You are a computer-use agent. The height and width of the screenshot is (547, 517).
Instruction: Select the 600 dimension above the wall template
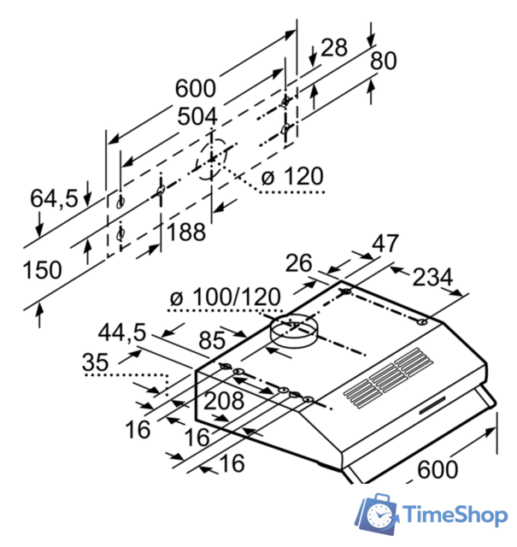196,88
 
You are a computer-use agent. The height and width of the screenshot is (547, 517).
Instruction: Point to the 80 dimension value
384,62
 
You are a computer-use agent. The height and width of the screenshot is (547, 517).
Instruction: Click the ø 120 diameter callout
292,177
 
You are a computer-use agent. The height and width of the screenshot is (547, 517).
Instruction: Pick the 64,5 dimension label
54,198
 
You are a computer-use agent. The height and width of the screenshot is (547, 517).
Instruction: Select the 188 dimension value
185,232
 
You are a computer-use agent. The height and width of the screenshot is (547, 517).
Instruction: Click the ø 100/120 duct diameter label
225,297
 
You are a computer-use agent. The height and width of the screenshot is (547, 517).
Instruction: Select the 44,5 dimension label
121,332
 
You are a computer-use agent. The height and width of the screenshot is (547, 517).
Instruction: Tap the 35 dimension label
96,362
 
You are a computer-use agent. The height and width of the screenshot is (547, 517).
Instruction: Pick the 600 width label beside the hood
438,468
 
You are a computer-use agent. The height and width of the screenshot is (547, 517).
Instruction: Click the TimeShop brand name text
454,515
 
